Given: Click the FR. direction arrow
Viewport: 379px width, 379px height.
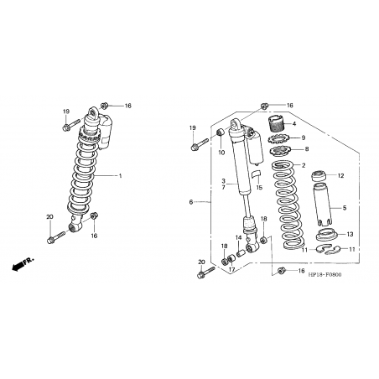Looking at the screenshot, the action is pos(23,263).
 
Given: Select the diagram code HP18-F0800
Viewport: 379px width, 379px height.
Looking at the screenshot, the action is pos(324,275).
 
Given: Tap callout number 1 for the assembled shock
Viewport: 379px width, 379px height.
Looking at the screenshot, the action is pos(120,176).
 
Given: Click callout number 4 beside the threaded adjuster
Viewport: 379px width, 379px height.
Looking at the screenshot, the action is pos(294,123).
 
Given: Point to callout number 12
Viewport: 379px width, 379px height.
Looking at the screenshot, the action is pos(340,176).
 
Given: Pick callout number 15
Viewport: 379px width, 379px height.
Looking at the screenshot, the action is pos(259,188).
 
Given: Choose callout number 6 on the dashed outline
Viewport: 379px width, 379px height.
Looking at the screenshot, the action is pos(191,202).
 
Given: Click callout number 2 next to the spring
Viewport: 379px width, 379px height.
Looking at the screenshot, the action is pos(304,165).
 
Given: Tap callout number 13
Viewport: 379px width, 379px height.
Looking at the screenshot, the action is pos(350,234).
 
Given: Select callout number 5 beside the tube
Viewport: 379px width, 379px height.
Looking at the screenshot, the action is pos(345,208).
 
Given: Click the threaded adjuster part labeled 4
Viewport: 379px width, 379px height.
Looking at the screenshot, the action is pos(277,124).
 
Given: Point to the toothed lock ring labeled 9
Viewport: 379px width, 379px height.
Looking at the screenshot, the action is pos(275,138).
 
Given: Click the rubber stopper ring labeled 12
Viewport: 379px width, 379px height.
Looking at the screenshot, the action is pos(319,176).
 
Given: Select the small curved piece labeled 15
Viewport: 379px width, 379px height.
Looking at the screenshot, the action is pos(257,174).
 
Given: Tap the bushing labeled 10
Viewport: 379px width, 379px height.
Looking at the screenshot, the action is pos(221,132).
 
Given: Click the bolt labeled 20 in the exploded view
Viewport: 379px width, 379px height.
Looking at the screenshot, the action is pos(206,273).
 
